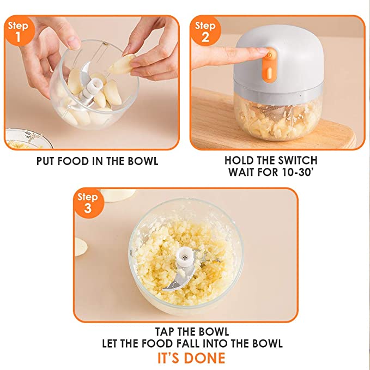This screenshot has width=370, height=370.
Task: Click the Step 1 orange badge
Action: [x=19, y=31]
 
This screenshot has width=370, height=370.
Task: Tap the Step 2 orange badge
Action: [x=205, y=31]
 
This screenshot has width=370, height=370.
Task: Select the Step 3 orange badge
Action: [x=88, y=203]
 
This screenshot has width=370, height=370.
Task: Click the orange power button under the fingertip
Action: [x=270, y=56]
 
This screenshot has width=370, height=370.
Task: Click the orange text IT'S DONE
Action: [x=191, y=358]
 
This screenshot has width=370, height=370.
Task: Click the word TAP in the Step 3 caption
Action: [x=164, y=331]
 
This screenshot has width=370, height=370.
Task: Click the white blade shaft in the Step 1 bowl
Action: [x=93, y=88]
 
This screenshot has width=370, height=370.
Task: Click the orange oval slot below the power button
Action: [x=270, y=73]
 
